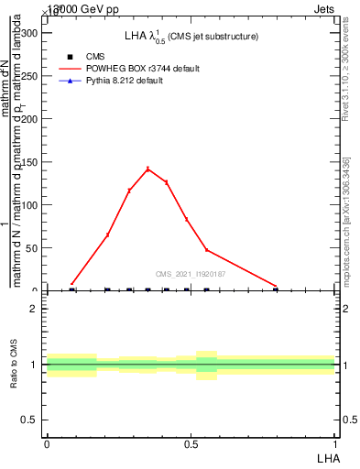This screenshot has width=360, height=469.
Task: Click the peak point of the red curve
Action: [x=147, y=169]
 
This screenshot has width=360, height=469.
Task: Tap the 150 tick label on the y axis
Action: [x=29, y=162]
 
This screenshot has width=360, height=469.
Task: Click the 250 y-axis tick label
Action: [x=29, y=76]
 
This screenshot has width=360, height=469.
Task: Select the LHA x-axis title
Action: [x=327, y=456]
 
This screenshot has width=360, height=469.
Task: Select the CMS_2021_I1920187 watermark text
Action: [x=191, y=274]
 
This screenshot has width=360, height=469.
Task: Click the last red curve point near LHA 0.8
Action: [x=276, y=287]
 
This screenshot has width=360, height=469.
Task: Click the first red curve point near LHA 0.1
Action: [x=72, y=284]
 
